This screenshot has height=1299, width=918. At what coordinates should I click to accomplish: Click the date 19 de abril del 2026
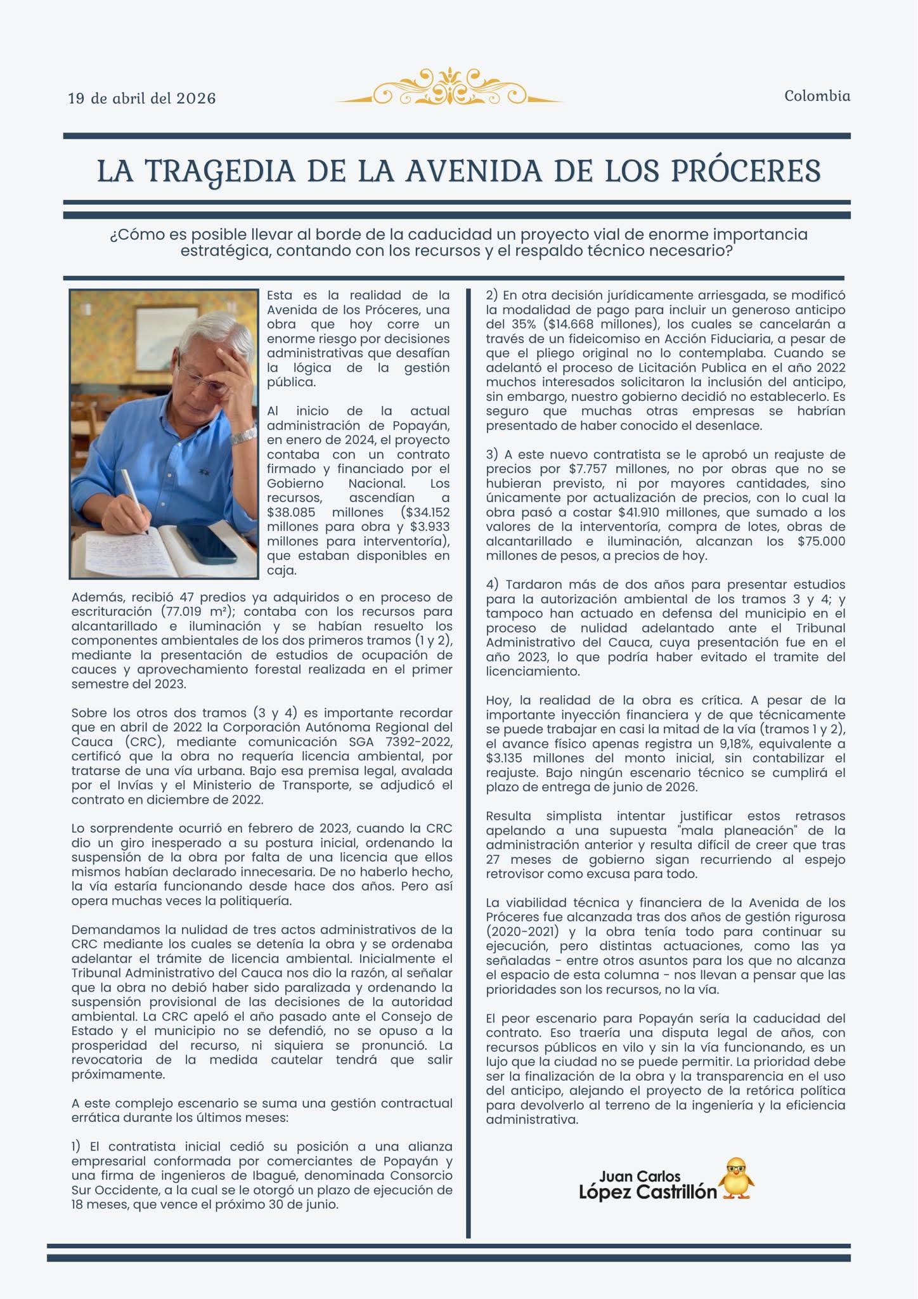pyautogui.click(x=142, y=98)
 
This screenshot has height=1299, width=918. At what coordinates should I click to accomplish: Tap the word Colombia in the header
pyautogui.click(x=817, y=96)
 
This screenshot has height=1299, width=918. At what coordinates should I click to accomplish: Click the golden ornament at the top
pyautogui.click(x=449, y=87)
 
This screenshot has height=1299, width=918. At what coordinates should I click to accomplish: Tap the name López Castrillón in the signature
pyautogui.click(x=647, y=1192)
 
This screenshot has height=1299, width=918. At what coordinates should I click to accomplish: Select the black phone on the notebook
pyautogui.click(x=203, y=544)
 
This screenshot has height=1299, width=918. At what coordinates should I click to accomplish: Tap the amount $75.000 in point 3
pyautogui.click(x=821, y=541)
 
